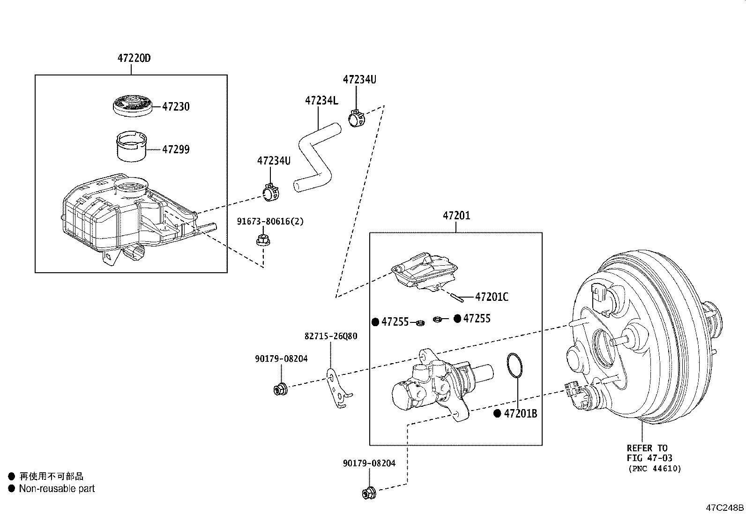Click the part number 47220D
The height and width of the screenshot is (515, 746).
(134, 58)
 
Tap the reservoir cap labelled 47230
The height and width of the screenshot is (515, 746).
(132, 106)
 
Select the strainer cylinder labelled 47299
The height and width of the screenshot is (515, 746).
(132, 147)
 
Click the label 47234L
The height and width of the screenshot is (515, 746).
(321, 101)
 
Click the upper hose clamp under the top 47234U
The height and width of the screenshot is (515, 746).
(357, 118)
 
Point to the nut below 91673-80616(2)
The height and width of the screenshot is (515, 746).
(263, 240)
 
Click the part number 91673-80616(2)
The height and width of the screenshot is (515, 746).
(270, 222)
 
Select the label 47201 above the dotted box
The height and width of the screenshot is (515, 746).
(456, 216)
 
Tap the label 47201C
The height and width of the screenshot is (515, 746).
(492, 297)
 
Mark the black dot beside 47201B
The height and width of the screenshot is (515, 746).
(497, 413)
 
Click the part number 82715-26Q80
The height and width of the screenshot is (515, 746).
(331, 336)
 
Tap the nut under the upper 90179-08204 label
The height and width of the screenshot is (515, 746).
(280, 389)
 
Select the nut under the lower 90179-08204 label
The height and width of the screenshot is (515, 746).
(369, 493)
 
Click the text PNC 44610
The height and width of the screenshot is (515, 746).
(655, 469)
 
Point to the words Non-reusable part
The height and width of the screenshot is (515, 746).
(57, 488)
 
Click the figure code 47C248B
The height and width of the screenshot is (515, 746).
(725, 508)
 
